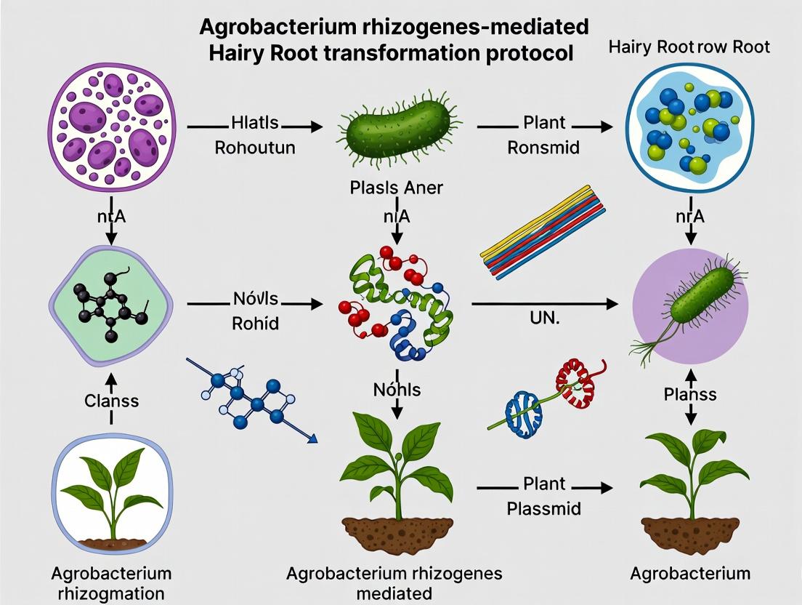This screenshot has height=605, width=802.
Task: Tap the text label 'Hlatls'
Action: coord(254,123)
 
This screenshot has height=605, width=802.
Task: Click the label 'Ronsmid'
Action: coord(543,148)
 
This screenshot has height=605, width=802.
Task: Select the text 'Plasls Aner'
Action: coord(396,188)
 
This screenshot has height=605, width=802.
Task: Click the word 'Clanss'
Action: coord(111,401)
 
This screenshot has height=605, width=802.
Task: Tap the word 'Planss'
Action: coord(690,394)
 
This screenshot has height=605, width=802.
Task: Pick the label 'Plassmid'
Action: coord(544,508)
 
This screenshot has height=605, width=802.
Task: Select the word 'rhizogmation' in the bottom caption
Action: coord(111,593)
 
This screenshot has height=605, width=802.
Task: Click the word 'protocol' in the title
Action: coord(517,53)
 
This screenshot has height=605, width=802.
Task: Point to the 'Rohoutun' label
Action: coord(255,148)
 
